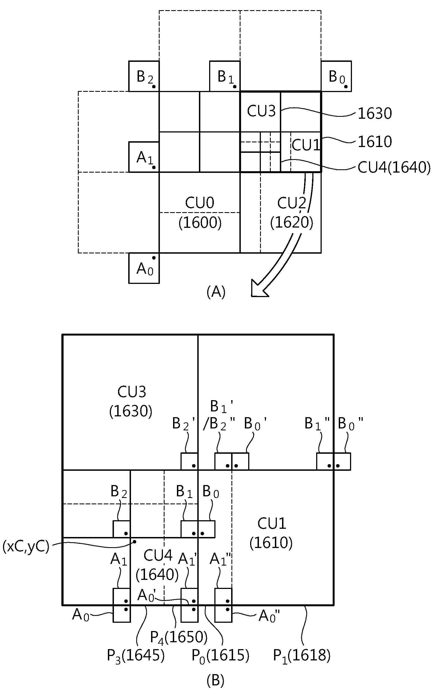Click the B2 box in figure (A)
point(144,76)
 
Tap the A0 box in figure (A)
point(144,268)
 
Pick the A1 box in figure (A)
point(144,157)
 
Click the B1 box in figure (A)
point(225,76)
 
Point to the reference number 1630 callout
point(375,114)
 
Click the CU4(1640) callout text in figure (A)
point(394,168)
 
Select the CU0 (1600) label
point(200,213)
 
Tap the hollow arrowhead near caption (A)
point(259,289)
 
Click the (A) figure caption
point(216,292)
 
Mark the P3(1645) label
point(136,656)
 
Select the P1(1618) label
point(302,656)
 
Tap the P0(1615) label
point(220,656)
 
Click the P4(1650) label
point(179,637)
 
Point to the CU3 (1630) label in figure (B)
point(131,402)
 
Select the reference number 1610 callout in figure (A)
point(375,142)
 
